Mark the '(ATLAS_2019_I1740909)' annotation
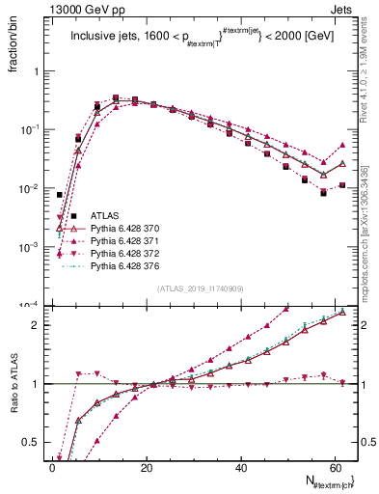[x=201, y=288]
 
